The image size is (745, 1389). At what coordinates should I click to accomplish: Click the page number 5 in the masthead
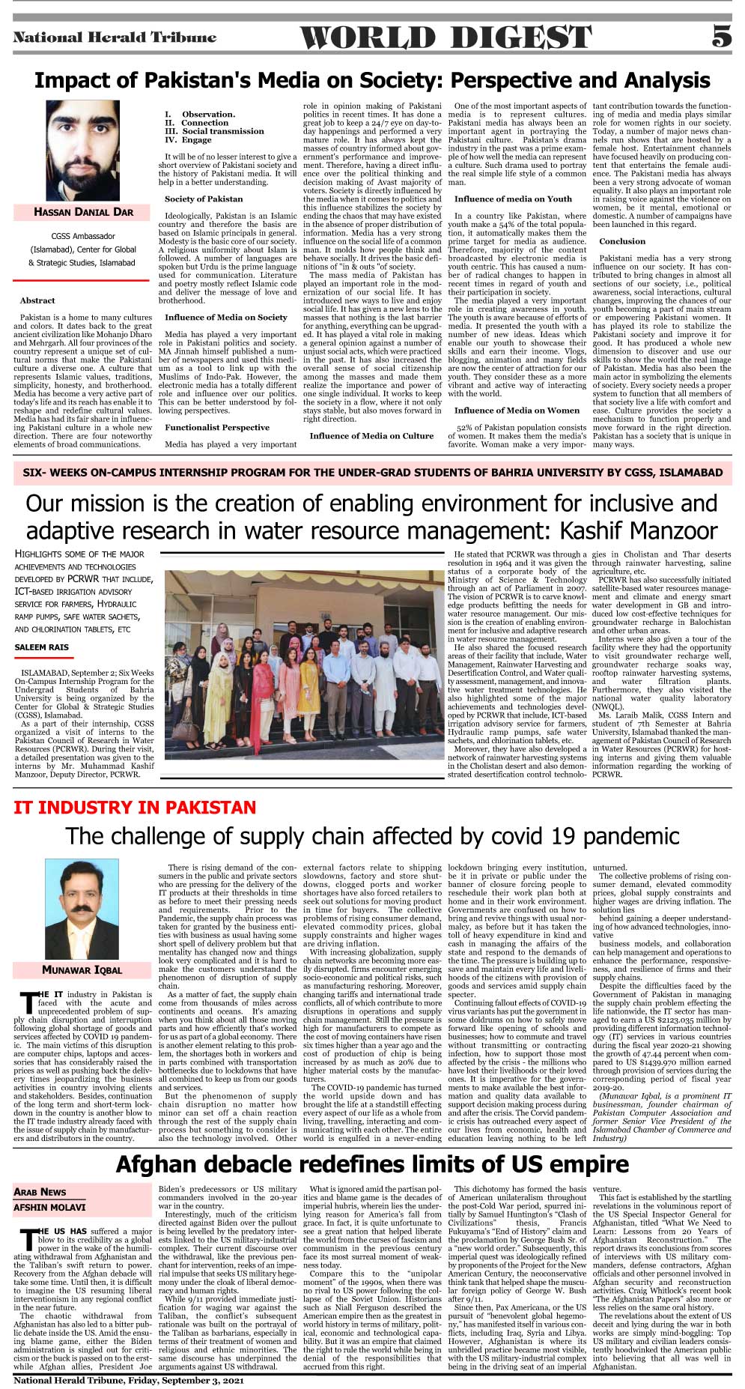pos(721,36)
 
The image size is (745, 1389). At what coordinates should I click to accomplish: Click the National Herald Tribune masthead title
pos(115,37)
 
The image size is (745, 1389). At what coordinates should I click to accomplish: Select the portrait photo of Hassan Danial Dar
pos(82,151)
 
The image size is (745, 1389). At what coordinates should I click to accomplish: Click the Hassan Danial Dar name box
pos(83,212)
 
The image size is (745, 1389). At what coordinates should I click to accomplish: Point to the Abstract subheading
pos(37,300)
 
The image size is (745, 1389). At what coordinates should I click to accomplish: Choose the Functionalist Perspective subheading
pos(217,427)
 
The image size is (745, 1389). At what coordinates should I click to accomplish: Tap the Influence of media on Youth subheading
pos(513,199)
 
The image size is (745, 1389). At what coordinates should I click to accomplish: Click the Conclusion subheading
pos(621,241)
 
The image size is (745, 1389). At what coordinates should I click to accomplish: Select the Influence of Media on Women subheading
pos(517,410)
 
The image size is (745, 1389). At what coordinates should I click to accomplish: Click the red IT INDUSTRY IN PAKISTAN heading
pos(135,808)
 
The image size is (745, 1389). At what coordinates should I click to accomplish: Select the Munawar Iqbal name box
pos(82,970)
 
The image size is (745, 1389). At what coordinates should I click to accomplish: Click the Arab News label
pos(40,1192)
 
